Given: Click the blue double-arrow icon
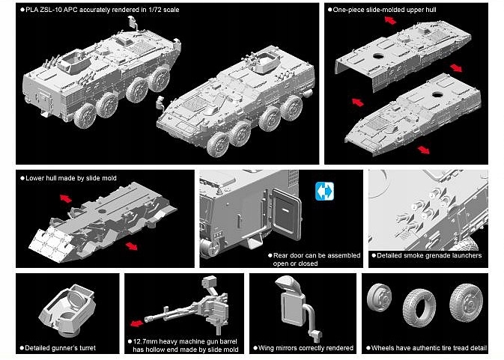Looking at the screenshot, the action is click(x=324, y=191).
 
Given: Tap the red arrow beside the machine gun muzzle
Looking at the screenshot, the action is click(x=136, y=323).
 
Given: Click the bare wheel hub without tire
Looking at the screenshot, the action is click(x=379, y=297).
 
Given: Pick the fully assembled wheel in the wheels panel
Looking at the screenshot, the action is click(x=466, y=302).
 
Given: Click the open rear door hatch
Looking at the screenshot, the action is click(x=285, y=214).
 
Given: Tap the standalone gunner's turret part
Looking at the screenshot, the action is click(x=67, y=310).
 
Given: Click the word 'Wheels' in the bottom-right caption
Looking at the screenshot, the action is click(x=383, y=348).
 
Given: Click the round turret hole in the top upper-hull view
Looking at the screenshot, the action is click(x=378, y=57).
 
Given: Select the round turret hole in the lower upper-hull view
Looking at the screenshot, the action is click(x=437, y=94).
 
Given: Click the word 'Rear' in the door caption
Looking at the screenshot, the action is click(x=281, y=255).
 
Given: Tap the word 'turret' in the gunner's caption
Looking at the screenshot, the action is click(x=86, y=348).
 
